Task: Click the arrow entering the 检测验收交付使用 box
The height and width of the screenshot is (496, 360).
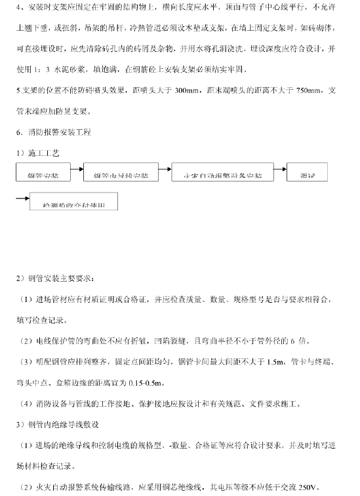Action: pyautogui.click(x=21, y=197)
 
